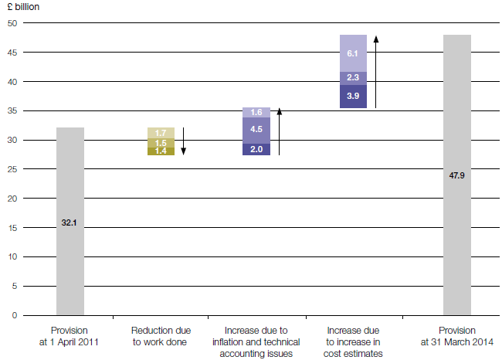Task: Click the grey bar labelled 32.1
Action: coord(70,222)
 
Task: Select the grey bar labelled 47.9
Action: coord(456,175)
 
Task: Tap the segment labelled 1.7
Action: coord(161,133)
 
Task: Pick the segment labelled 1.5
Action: coord(161,143)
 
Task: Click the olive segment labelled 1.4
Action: coord(161,151)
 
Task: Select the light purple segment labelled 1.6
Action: coord(256,112)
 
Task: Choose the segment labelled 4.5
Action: coord(256,130)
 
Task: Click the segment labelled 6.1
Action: coord(353,53)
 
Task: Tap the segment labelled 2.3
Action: coord(353,78)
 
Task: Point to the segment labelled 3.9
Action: coord(353,96)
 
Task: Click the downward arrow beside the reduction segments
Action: coord(184,141)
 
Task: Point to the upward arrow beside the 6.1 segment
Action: coord(376,71)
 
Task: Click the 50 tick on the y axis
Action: coord(12,23)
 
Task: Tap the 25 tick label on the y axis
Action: coord(12,169)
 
